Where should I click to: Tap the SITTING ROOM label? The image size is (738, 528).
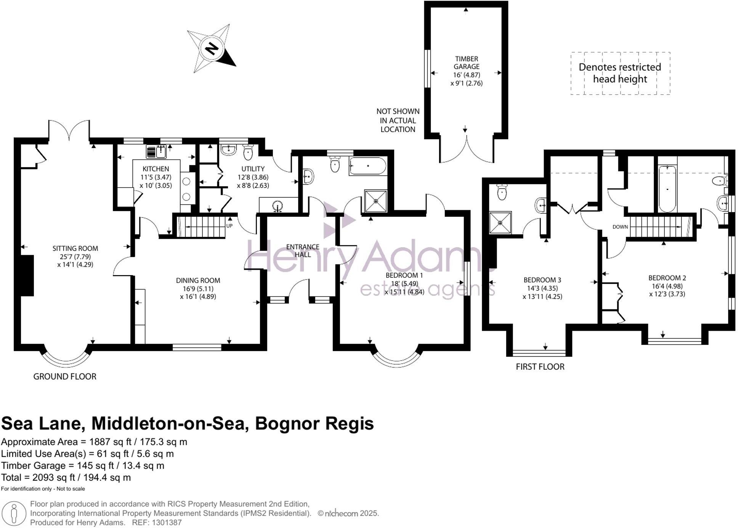coord(75,249)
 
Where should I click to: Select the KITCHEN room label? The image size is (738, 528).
coord(156,169)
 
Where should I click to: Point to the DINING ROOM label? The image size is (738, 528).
coord(198,280)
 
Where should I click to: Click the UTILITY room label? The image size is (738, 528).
coord(253,169)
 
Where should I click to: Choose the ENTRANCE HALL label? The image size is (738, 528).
coord(303,251)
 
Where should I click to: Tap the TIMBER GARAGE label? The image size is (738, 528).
coord(467,63)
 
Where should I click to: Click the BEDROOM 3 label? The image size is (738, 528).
coord(542,280)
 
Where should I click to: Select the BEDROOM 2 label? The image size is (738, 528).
coord(667,278)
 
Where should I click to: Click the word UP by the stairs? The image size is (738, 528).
coord(229,226)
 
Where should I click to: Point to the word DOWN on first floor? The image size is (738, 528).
coord(620,227)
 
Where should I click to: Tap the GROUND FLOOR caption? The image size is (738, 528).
coord(65,377)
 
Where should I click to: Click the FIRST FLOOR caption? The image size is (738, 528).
coord(540,367)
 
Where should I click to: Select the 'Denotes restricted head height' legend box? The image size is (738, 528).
coord(620,73)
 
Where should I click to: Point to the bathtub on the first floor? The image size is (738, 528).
coord(667,188)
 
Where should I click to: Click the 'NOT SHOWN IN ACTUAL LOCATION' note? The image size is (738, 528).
coord(398,120)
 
